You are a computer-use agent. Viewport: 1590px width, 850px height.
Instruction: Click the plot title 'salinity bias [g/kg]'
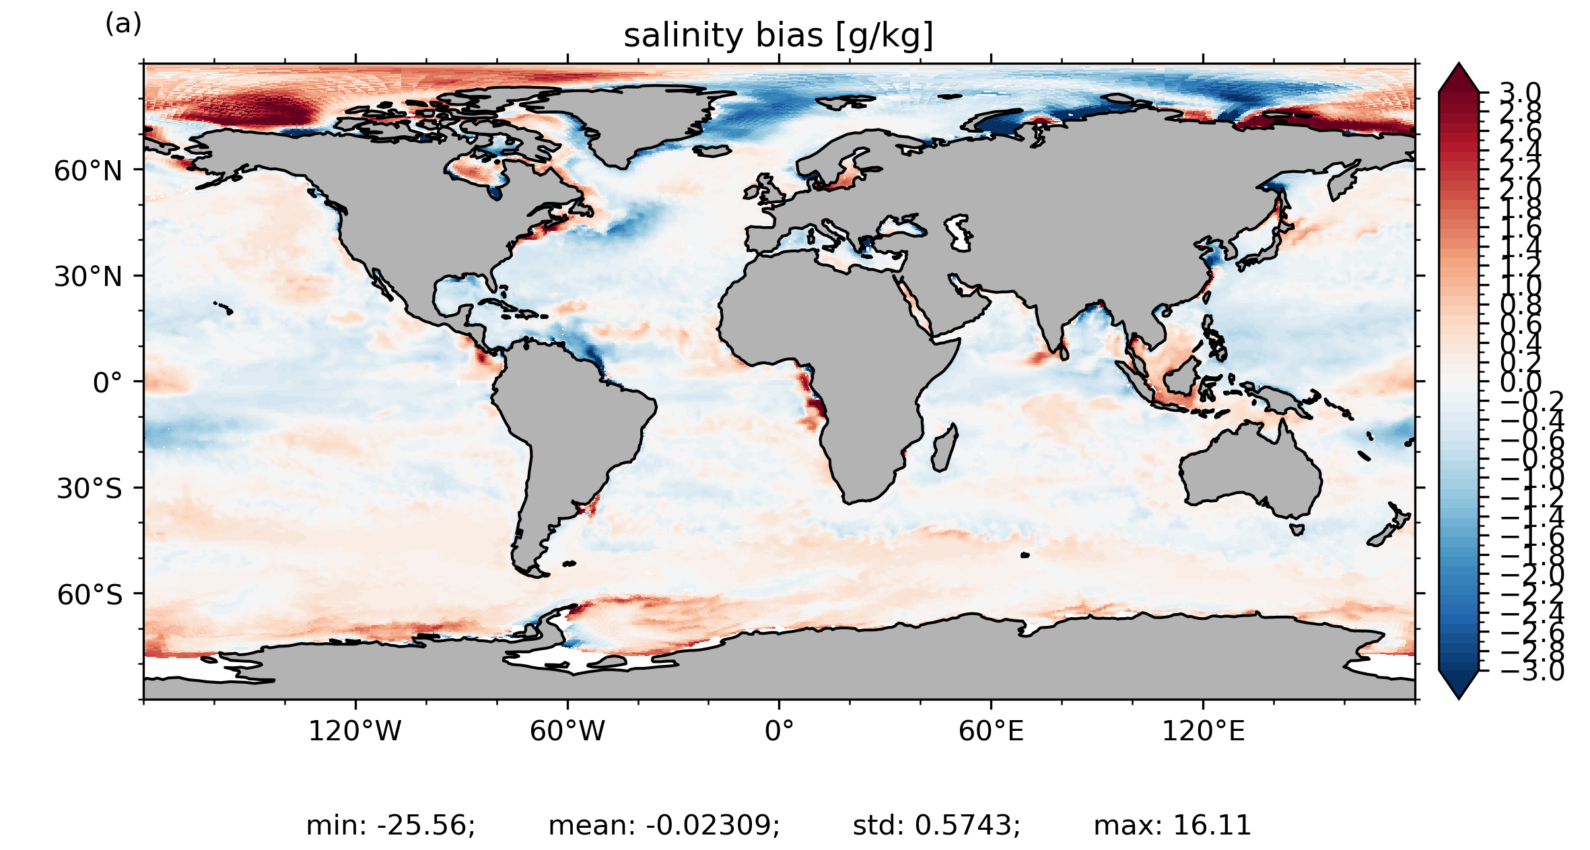[778, 36]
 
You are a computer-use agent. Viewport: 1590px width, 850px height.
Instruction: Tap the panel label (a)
[123, 24]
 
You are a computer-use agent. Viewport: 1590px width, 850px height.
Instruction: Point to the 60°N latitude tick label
[88, 171]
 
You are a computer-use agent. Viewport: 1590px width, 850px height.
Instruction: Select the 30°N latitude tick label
[88, 277]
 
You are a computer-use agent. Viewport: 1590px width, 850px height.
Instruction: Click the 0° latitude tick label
[108, 383]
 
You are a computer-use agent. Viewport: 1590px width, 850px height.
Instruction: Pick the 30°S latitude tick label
[90, 489]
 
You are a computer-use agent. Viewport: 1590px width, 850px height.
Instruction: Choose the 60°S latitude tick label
[90, 595]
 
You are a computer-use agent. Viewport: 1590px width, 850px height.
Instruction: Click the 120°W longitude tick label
[355, 731]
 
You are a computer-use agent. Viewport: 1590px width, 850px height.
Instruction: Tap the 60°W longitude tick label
[567, 731]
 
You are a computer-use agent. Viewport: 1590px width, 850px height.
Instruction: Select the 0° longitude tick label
[779, 731]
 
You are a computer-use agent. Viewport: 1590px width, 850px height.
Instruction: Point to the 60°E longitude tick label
[991, 731]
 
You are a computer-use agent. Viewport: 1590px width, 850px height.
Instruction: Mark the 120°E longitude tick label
[1203, 731]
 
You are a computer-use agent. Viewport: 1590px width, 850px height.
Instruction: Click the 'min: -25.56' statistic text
[390, 825]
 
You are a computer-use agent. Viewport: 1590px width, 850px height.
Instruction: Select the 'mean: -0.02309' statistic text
[664, 825]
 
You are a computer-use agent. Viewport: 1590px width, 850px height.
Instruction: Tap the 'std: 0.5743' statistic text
[936, 825]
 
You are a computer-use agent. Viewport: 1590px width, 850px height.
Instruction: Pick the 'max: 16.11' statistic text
[1172, 825]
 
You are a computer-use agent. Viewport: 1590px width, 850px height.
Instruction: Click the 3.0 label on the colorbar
[1520, 93]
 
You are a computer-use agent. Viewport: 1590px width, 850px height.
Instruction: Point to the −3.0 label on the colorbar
[1532, 671]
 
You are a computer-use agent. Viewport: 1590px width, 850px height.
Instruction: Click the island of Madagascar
[944, 448]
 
